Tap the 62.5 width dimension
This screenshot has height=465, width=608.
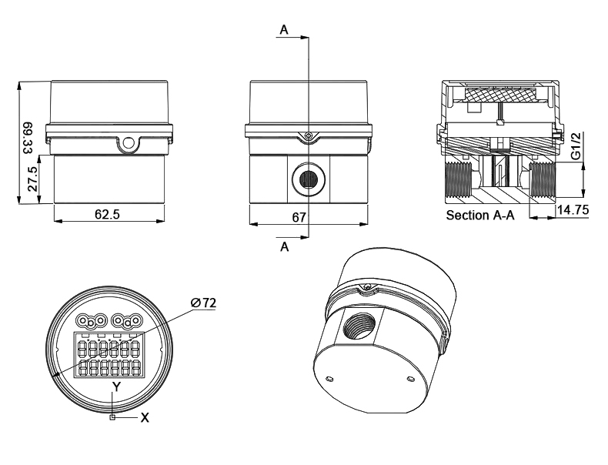[x=108, y=214]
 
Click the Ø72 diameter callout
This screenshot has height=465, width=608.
[x=204, y=303]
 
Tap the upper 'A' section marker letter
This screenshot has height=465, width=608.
[x=285, y=30]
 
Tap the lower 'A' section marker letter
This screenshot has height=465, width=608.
[x=285, y=249]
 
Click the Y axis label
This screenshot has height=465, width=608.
[x=116, y=386]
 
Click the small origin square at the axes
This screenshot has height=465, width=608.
[x=113, y=417]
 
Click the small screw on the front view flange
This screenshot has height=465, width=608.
[x=307, y=136]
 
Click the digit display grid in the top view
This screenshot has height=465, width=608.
[x=107, y=355]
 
